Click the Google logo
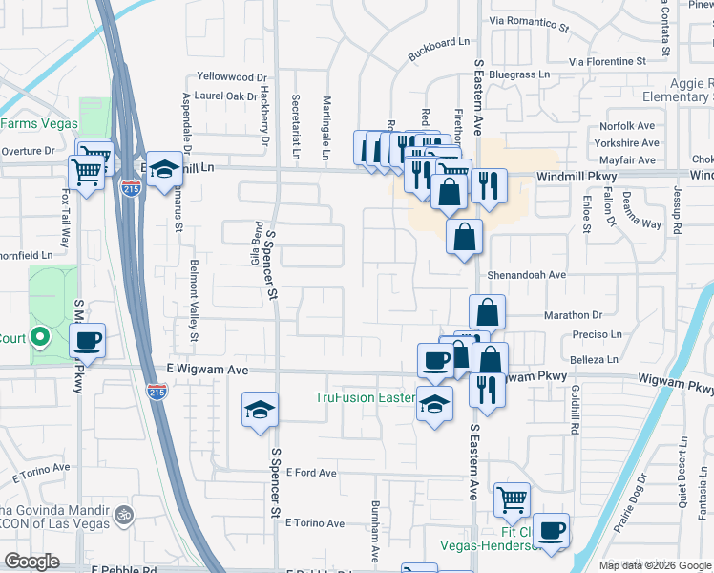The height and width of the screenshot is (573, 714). coord(31,562)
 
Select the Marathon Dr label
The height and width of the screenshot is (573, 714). coord(573,315)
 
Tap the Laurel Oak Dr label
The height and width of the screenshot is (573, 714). coord(225,95)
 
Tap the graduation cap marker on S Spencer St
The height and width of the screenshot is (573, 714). coord(260,410)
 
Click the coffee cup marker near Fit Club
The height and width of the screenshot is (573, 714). coord(550,529)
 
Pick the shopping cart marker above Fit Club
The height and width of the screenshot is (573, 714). coord(512,498)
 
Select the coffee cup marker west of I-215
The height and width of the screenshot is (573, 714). coord(87,339)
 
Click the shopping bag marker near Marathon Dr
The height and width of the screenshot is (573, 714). coord(487,310)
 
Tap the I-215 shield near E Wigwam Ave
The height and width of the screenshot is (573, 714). coord(156,392)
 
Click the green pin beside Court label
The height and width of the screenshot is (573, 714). coord(40,337)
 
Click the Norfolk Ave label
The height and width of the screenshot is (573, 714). coord(627,126)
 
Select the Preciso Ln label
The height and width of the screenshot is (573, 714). coord(598,334)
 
